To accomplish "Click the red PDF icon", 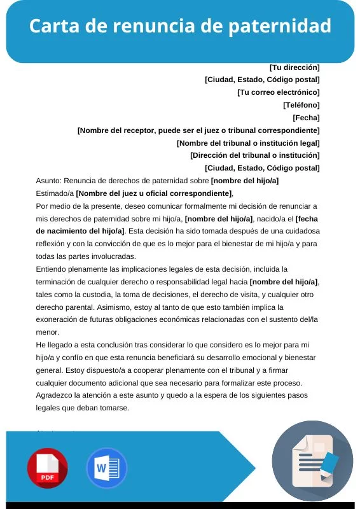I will (47, 468).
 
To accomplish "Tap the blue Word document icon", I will (106, 468).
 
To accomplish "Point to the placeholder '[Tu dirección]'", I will (294, 67).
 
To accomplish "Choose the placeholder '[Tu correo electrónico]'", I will (278, 92).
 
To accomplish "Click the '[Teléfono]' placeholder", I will (301, 105).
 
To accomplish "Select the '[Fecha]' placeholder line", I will (306, 118).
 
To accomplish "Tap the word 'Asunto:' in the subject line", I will (49, 181).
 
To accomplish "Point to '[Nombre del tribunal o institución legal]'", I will (248, 143).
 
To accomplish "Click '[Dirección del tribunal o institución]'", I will (254, 155).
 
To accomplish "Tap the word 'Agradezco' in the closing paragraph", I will (55, 395).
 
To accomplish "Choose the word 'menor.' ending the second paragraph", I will (47, 332).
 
